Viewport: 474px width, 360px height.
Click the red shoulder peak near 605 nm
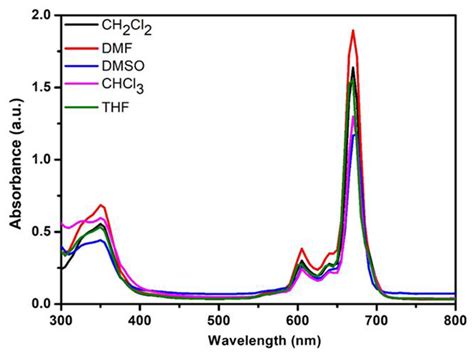tap(302, 249)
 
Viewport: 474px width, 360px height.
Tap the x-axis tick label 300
tap(61, 320)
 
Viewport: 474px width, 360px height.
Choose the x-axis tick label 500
tap(218, 320)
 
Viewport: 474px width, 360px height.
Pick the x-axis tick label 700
tap(376, 320)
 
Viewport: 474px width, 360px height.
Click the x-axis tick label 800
tap(453, 320)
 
